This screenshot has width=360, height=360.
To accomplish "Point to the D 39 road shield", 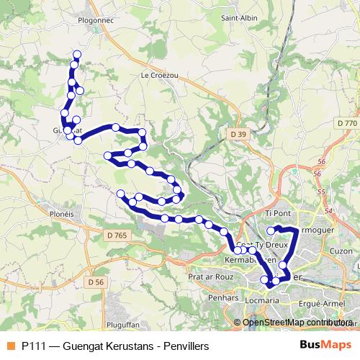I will click(x=239, y=134).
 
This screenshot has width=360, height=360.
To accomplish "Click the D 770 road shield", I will click(x=347, y=124).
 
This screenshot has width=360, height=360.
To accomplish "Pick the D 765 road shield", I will click(x=115, y=235).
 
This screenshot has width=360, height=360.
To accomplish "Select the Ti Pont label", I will click(x=278, y=214).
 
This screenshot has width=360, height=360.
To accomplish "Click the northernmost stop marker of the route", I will click(x=77, y=55).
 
